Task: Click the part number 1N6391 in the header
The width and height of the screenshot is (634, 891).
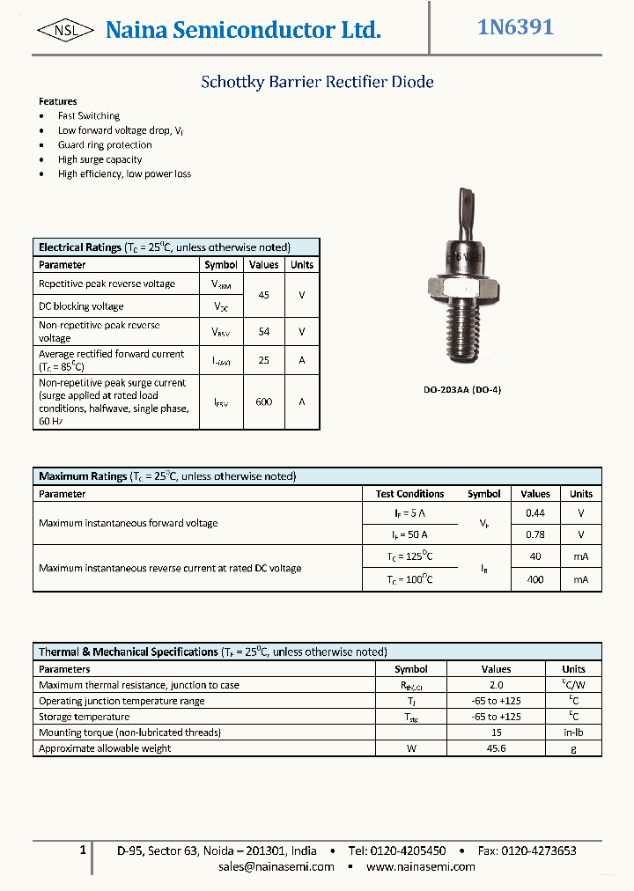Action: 515,28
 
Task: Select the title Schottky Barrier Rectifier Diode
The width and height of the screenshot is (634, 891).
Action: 317,83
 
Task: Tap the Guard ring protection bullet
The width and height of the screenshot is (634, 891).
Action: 105,145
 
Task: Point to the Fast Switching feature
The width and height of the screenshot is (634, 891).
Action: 89,116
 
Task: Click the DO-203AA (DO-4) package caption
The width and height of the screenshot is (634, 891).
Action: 463,389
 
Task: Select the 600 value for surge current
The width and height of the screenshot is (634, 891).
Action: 263,401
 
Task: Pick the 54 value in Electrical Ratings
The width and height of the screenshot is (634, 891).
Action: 263,332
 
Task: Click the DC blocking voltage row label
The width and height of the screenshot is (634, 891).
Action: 81,306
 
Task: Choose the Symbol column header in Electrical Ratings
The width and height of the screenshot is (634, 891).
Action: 221,265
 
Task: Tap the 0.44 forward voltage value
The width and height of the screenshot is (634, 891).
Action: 534,512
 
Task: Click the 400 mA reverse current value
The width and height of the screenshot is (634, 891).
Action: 534,579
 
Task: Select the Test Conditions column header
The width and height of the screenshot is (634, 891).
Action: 409,494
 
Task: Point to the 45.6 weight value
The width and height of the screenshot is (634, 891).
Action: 496,748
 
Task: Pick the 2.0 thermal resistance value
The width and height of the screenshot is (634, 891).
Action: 496,685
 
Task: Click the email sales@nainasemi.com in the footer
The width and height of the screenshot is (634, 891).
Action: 276,866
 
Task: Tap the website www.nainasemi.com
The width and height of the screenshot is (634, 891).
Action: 420,866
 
